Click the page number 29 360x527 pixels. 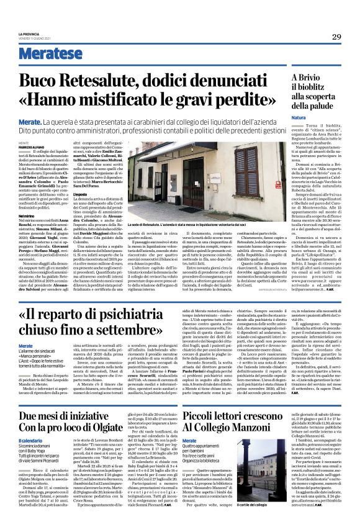pos(336,37)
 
